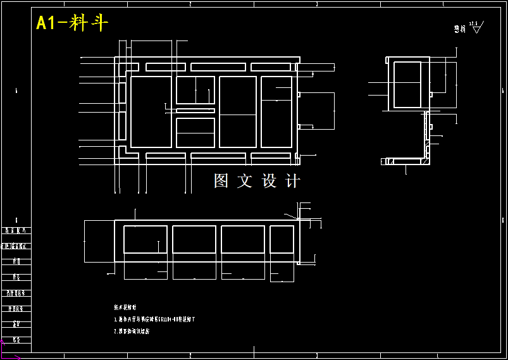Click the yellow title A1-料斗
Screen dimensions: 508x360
71,23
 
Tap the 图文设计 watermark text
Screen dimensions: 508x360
256,181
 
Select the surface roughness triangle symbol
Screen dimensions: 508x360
477,28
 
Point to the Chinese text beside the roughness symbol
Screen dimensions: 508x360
459,29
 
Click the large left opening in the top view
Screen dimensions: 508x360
151,111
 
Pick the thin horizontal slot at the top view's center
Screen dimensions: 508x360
195,111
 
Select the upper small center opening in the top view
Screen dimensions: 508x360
195,90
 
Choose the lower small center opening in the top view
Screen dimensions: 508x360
195,133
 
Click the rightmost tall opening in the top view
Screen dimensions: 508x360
276,111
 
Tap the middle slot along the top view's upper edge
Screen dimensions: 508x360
218,67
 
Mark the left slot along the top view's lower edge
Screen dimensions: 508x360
166,156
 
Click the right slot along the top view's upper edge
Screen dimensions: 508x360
271,67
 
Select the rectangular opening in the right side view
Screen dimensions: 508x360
407,84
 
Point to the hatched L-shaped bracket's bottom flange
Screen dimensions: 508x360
406,162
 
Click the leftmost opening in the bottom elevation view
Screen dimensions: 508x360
145,239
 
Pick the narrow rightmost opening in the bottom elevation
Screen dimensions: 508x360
282,239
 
